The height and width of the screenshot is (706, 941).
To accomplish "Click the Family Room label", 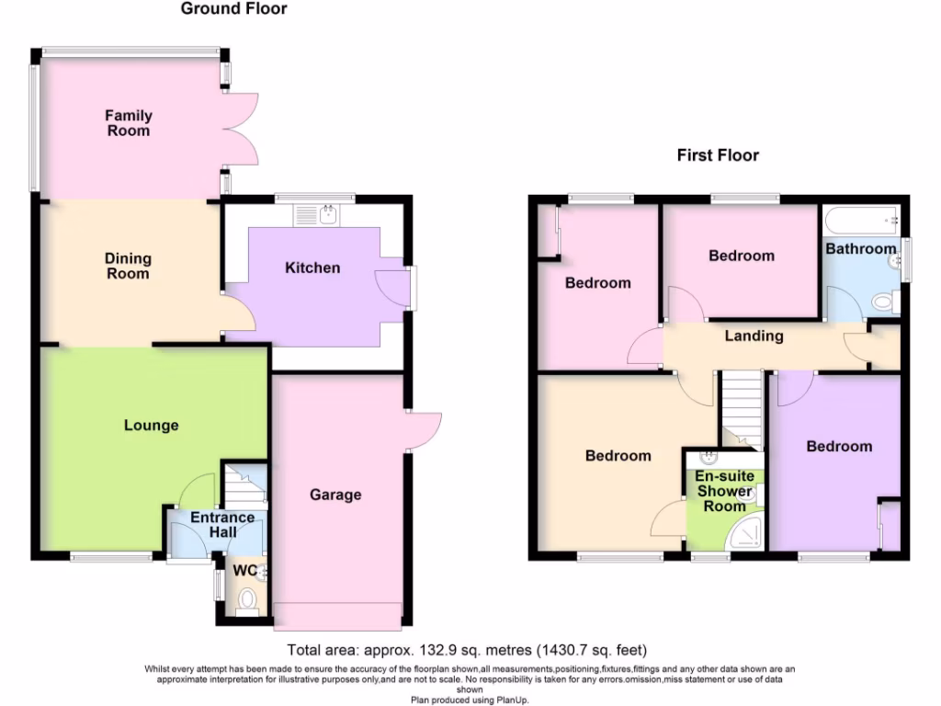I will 128,123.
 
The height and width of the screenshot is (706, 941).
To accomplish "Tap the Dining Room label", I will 128,266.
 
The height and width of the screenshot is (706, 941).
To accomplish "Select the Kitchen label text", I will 312,268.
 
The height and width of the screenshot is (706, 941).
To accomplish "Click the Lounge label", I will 152,425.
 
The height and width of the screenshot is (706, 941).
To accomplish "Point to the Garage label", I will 334,495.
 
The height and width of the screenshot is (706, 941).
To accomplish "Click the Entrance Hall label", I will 222,525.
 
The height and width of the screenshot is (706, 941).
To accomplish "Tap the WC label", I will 243,571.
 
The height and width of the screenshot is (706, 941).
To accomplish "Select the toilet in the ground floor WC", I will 246,602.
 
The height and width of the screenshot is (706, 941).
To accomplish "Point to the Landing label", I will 754,336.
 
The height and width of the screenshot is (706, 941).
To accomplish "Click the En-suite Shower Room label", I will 724,492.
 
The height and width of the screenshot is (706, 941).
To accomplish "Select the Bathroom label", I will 860,248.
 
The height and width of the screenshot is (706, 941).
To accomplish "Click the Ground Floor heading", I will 233,9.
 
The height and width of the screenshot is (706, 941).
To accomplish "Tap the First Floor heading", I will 718,155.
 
